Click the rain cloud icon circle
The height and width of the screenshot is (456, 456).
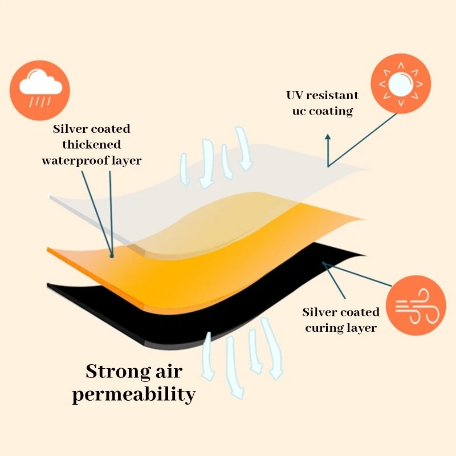pyautogui.click(x=40, y=90)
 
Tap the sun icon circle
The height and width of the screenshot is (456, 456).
pyautogui.click(x=401, y=83)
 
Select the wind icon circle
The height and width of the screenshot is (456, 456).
pyautogui.click(x=416, y=306)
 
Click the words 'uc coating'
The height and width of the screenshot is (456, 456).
pyautogui.click(x=323, y=111)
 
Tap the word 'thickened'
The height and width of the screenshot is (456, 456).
pyautogui.click(x=92, y=145)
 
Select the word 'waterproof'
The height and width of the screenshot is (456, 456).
pyautogui.click(x=76, y=161)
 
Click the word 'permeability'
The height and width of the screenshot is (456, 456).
pyautogui.click(x=134, y=394)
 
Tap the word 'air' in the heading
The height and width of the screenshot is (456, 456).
pyautogui.click(x=169, y=372)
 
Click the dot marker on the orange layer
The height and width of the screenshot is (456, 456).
pyautogui.click(x=112, y=256)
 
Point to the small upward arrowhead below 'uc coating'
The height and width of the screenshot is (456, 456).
pyautogui.click(x=328, y=136)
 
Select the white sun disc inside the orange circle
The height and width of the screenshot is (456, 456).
pyautogui.click(x=401, y=84)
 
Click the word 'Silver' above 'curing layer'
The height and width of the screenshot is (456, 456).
pyautogui.click(x=316, y=312)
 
